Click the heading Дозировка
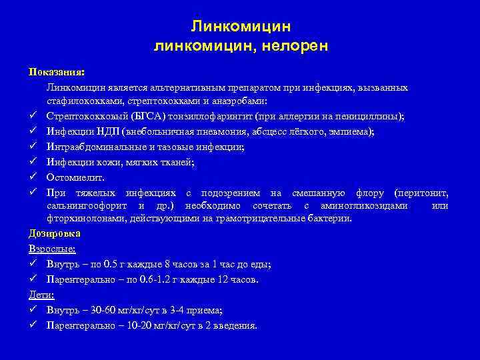point(55,234)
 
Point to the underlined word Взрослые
point(52,249)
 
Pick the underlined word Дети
point(41,295)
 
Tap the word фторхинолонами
point(83,219)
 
